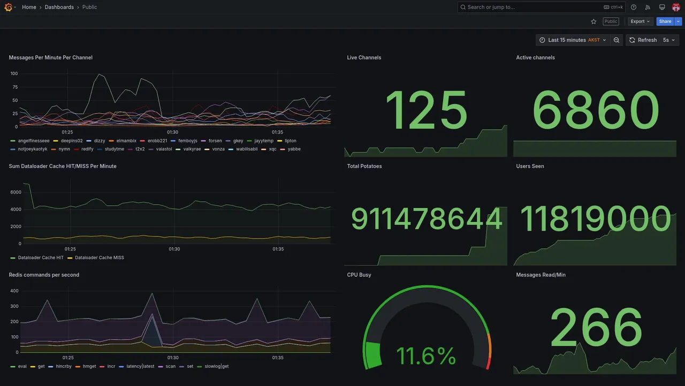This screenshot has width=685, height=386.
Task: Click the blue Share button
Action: (665, 21)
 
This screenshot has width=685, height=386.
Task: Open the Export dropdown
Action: (640, 21)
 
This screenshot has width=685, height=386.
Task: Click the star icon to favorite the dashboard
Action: (593, 21)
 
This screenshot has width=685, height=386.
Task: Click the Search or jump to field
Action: (530, 7)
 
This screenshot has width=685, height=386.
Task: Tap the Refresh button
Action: (643, 40)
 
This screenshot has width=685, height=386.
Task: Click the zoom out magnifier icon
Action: (616, 40)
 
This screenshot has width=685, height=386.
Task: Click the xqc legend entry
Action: (272, 149)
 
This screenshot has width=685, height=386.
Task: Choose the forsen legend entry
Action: (215, 141)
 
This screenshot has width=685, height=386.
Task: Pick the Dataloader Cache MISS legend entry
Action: (99, 258)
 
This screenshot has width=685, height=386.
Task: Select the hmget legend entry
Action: (89, 367)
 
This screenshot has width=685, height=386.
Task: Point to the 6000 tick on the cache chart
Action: (16, 192)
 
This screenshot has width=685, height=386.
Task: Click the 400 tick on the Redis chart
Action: (14, 291)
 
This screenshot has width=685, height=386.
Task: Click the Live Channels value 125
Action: (426, 111)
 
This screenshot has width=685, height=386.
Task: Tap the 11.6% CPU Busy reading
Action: (426, 356)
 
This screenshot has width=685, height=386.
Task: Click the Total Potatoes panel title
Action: (364, 166)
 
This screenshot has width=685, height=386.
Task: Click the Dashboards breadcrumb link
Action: (59, 7)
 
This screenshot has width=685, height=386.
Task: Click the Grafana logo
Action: (8, 7)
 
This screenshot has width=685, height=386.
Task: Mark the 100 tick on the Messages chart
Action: (14, 73)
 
